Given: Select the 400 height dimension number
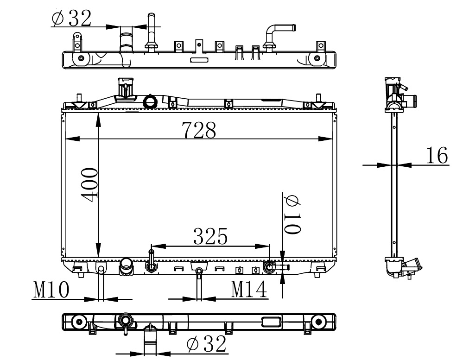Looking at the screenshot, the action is (x=89, y=185).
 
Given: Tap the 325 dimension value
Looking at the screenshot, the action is (x=210, y=236).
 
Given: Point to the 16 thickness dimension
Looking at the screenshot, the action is (x=437, y=155).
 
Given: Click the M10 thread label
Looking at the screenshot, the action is (x=51, y=290).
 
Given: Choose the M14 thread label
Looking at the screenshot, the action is (x=249, y=289).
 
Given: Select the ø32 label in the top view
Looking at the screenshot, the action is (x=71, y=18).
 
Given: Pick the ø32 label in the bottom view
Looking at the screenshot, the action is (x=207, y=343).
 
